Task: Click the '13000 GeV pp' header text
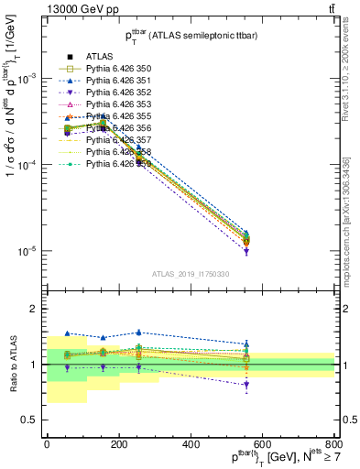[43, 8]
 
